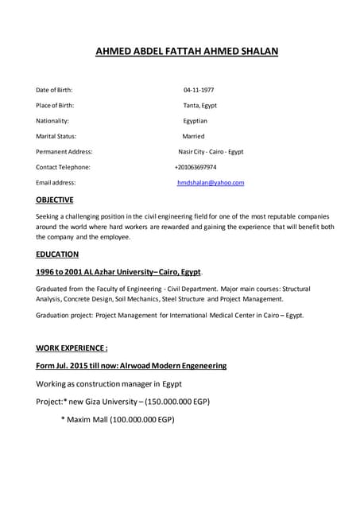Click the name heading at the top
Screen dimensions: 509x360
pos(187,52)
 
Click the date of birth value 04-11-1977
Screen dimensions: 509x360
pos(199,90)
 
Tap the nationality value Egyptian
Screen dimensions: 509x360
pos(195,121)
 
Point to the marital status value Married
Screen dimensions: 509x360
pos(193,136)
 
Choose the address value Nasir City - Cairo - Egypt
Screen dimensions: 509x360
pos(211,152)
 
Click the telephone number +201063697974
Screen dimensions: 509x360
pos(195,167)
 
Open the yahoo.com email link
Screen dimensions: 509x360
pos(211,183)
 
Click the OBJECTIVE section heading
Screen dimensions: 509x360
pos(55,200)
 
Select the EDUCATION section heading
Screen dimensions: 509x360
pos(57,254)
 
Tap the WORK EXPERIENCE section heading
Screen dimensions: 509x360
pos(72,348)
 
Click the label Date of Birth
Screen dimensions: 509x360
pos(54,90)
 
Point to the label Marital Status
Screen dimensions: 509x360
pos(56,136)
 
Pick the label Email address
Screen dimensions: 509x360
pos(56,183)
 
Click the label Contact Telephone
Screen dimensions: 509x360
pos(63,167)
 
